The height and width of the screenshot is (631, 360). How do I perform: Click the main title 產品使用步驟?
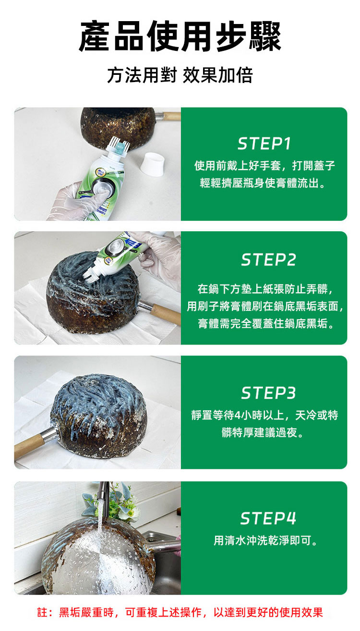coord(180,36)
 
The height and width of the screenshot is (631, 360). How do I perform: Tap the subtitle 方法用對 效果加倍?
coord(180,75)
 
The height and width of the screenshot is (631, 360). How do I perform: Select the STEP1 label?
coord(264,143)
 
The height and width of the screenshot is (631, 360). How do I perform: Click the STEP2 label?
coord(268,260)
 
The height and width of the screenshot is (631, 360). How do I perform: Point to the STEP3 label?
coord(268,393)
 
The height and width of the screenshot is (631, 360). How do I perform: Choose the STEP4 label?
coord(268,518)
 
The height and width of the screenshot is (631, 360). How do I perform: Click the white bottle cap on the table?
coord(152,164)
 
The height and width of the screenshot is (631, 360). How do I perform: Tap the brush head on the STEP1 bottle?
coord(118,148)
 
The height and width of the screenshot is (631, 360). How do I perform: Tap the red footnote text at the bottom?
coord(180,612)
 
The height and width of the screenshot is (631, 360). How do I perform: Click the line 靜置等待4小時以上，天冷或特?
coord(264,415)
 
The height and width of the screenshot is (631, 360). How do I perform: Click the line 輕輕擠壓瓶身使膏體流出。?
coord(263,183)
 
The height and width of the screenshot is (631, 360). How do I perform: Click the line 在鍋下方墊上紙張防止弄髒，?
coord(265,289)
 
